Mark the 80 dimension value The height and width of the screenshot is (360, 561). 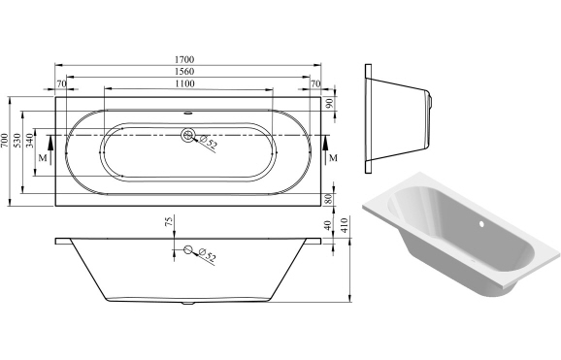(330, 199)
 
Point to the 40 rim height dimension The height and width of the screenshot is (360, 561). (330, 225)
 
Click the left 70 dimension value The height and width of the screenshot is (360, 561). (61, 84)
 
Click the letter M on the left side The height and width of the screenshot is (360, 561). (41, 156)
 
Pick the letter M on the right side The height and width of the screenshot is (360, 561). (333, 156)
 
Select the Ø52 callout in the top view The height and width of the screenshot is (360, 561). (210, 146)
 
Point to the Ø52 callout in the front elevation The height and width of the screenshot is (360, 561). (207, 256)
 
